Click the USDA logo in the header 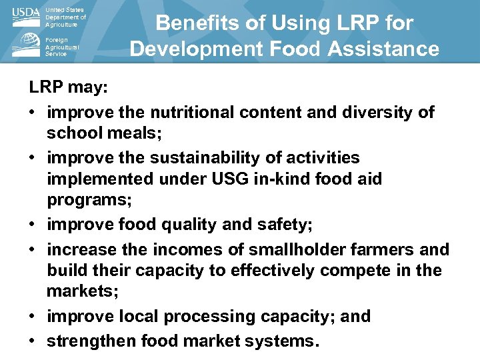coord(26,17)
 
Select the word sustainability coord(216,158)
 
